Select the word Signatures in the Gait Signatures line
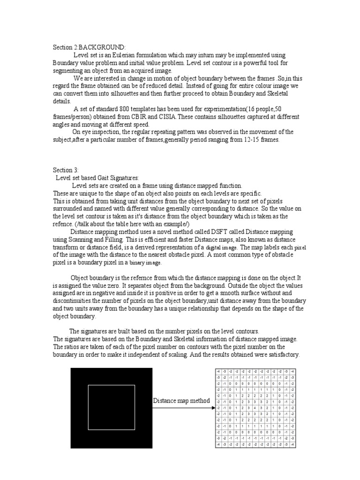123,178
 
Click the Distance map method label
181,401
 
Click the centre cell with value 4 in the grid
255,408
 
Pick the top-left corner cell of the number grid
218,371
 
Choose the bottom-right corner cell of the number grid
292,444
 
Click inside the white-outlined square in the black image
112,407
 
